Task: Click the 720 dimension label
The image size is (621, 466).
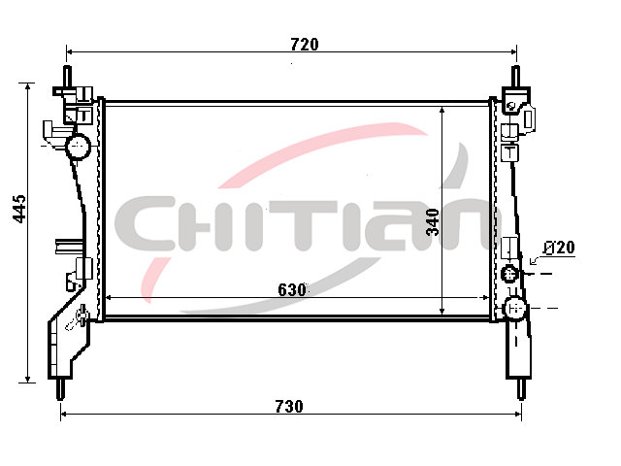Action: point(304,45)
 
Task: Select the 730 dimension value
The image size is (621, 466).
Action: point(289,407)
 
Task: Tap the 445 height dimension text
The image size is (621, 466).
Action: point(19,209)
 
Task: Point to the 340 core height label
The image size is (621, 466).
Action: point(433,222)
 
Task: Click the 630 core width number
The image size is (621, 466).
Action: point(292,290)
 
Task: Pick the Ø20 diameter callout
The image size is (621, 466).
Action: point(559,248)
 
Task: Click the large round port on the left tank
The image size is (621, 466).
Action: point(78,147)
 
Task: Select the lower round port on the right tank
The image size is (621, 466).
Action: point(515,308)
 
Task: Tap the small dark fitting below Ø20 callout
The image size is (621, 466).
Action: point(509,273)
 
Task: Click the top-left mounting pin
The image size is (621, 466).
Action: point(68,77)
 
